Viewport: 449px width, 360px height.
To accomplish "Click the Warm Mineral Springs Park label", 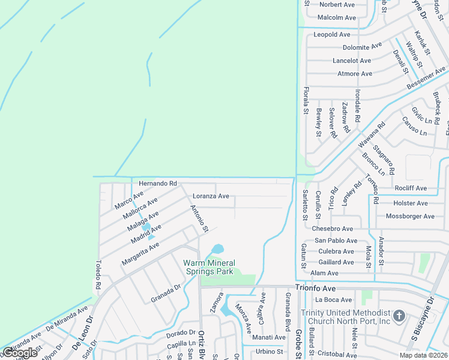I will tap(209, 267).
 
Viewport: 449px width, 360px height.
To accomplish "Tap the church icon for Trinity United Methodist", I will tap(400, 315).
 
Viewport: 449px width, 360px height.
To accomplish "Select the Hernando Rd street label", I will tap(158, 183).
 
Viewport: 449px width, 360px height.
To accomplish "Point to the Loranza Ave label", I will tap(211, 196).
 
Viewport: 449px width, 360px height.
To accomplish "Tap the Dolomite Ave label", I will tap(362, 47).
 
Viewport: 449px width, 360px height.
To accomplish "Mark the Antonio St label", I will tap(199, 219).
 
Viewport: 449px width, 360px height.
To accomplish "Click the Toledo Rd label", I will tap(98, 274).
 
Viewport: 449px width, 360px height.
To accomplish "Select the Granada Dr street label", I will tap(166, 292).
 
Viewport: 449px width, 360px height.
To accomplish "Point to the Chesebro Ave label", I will tap(333, 229).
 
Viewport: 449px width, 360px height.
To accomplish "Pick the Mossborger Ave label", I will tap(410, 216).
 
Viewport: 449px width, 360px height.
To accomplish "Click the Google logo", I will tap(19, 353).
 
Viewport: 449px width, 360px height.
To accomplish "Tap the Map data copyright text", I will tap(423, 355).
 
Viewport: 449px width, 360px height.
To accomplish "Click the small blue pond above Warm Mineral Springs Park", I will tap(217, 248).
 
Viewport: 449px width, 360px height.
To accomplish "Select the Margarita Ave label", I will tap(140, 253).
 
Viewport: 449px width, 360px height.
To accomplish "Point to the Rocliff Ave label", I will tap(411, 188).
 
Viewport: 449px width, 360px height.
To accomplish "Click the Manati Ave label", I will tap(268, 337).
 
